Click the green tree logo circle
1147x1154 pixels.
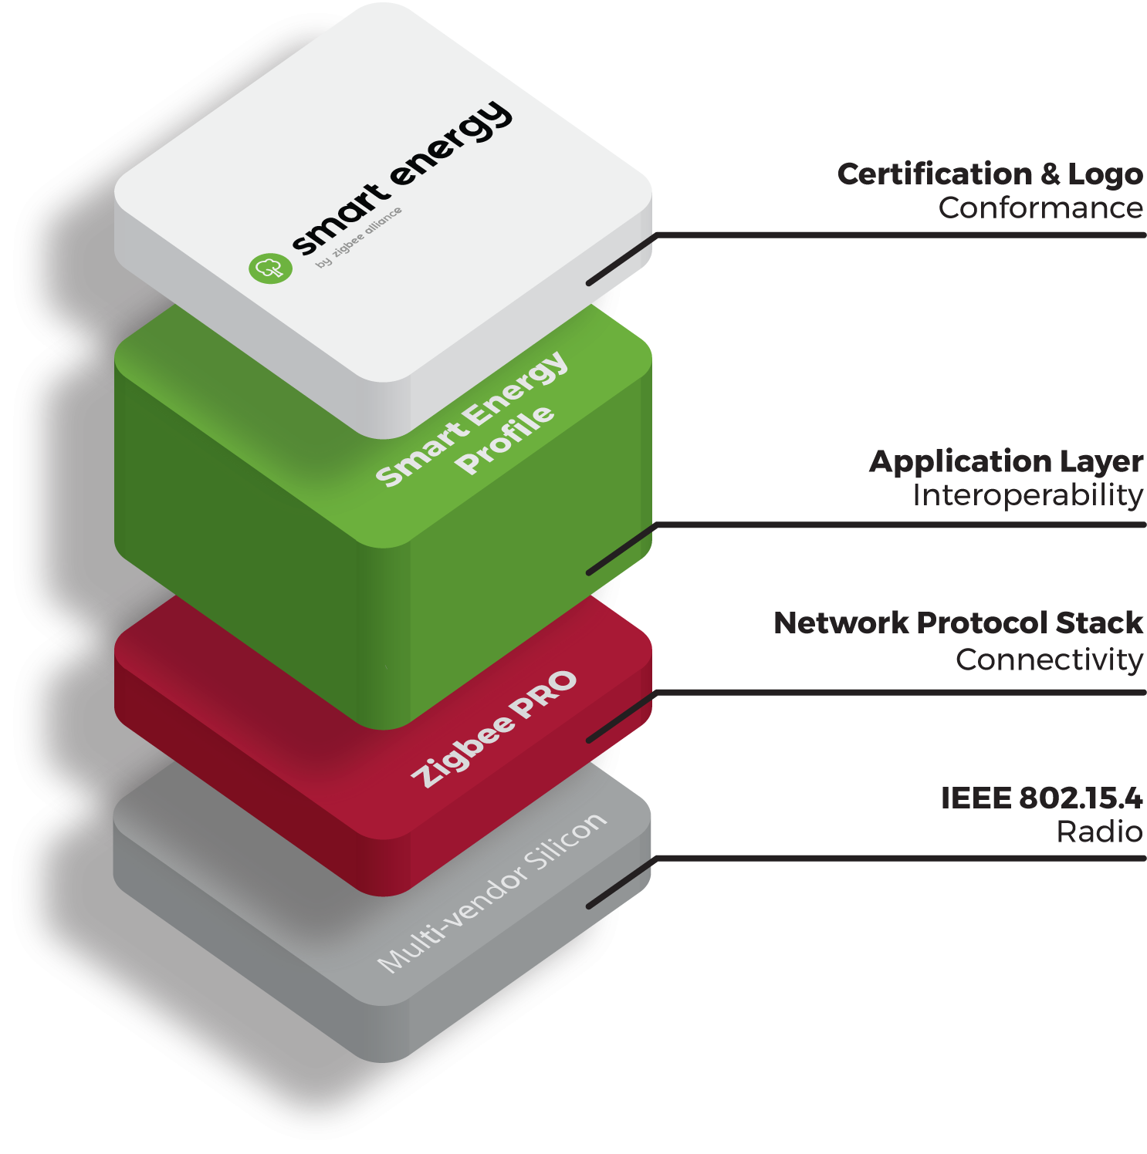(270, 268)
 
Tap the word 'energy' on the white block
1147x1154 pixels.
(451, 146)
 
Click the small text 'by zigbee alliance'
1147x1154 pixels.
(359, 238)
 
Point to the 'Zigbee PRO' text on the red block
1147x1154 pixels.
(494, 729)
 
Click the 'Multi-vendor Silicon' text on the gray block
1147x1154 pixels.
(492, 892)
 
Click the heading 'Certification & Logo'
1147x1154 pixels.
(990, 174)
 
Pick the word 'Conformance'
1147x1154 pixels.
(1040, 208)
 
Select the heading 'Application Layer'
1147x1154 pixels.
(1006, 461)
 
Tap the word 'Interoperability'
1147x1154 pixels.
(1027, 495)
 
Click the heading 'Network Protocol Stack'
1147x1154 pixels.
(958, 623)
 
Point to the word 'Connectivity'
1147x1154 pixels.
(1049, 660)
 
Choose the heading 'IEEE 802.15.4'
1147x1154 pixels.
(1041, 798)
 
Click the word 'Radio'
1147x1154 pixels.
(1099, 832)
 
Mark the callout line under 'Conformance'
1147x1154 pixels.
(895, 235)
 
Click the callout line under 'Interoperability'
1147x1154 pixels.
(895, 525)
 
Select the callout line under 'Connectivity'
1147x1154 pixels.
(895, 693)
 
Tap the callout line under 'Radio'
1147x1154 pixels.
(895, 858)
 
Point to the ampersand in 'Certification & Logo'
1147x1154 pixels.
(1050, 174)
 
